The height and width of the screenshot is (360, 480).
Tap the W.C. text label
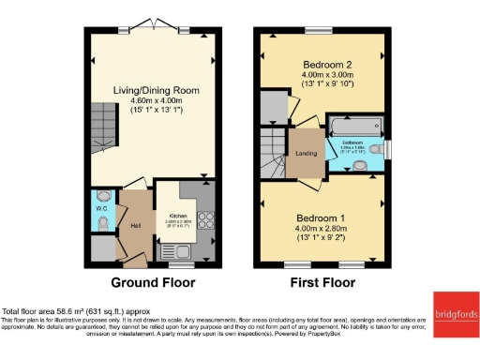[x=100, y=209]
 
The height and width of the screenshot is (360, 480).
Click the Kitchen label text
[x=178, y=215]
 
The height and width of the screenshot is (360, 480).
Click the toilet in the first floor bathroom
[x=376, y=150]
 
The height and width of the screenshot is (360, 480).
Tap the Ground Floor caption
[x=153, y=282]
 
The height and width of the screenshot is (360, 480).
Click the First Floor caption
[x=322, y=282]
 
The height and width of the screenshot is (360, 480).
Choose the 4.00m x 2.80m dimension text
[x=322, y=228]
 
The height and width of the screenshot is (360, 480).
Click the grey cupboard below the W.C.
[x=102, y=247]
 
